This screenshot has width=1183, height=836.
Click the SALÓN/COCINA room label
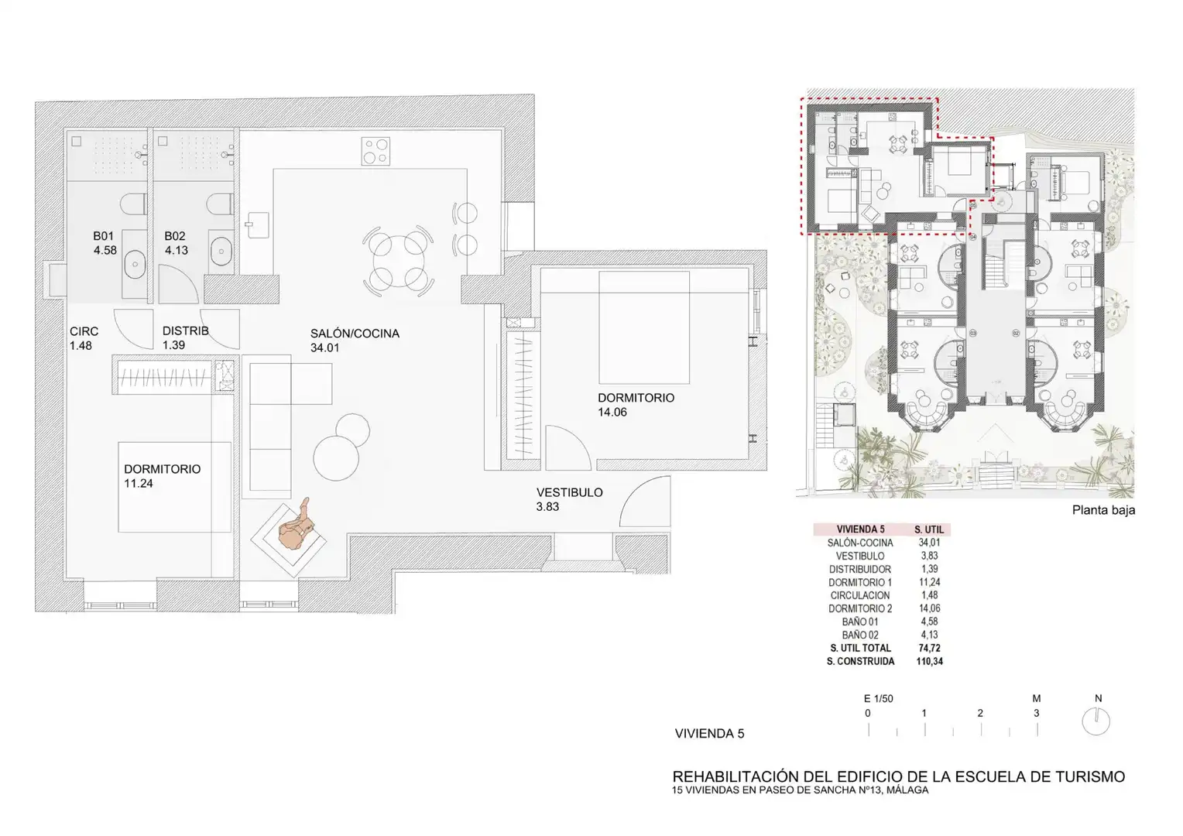[355, 333]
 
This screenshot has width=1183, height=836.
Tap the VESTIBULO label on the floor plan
[569, 492]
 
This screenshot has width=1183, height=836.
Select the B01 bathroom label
[103, 236]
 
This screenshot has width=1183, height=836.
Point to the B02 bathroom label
[175, 236]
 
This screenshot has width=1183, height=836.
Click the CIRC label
[84, 331]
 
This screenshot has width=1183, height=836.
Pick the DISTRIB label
[185, 331]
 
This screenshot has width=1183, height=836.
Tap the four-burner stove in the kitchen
[376, 151]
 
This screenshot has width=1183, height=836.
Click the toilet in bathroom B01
[133, 204]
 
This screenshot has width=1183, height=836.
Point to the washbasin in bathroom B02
[221, 251]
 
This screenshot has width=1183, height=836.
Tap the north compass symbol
[1096, 721]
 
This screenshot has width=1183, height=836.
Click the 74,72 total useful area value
[930, 648]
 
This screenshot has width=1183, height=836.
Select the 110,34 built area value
[930, 661]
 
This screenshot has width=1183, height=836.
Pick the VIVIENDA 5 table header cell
[860, 529]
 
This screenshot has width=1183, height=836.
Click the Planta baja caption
[1103, 510]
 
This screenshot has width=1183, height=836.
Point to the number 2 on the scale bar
[980, 713]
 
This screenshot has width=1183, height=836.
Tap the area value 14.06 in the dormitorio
[612, 412]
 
